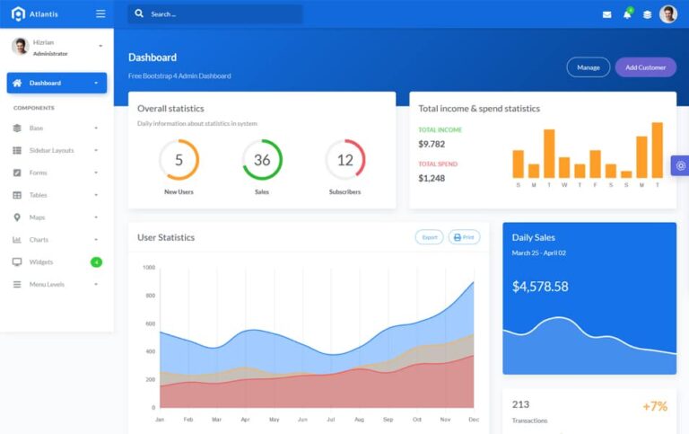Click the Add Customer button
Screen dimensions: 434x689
[645, 67]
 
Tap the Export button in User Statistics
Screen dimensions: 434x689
[430, 237]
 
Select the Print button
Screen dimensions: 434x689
[464, 237]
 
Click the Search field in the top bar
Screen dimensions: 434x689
[215, 14]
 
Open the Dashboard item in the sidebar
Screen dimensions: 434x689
[57, 83]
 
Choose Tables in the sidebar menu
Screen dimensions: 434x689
[38, 195]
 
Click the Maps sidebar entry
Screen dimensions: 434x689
[37, 217]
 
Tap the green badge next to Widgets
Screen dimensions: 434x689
[96, 262]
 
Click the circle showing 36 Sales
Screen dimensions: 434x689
[262, 160]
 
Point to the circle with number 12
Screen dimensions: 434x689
[344, 160]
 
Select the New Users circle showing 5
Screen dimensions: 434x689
[179, 160]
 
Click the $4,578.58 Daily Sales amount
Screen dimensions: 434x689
[540, 287]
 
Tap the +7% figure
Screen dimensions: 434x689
[655, 406]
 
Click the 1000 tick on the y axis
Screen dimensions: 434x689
[149, 267]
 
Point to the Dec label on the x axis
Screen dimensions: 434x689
[473, 420]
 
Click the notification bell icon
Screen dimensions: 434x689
[627, 14]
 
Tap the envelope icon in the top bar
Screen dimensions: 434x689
[606, 14]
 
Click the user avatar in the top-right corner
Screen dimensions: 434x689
[668, 14]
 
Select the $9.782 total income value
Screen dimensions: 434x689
[432, 144]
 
